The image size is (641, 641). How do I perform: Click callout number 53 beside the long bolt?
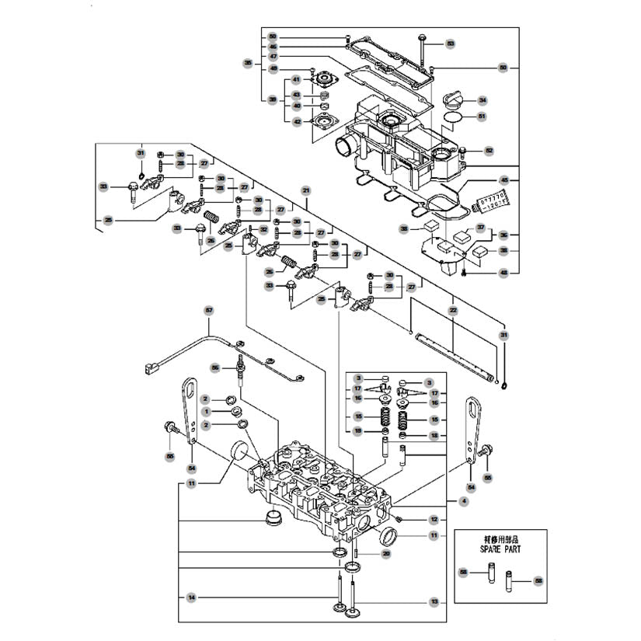pyautogui.click(x=450, y=44)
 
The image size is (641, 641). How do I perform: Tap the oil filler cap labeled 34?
pyautogui.click(x=453, y=101)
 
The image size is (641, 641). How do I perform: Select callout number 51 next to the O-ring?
pyautogui.click(x=482, y=117)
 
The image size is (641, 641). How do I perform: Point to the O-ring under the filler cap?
pyautogui.click(x=454, y=117)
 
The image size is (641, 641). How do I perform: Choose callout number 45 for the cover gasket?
pyautogui.click(x=503, y=180)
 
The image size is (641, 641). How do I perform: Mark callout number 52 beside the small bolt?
pyautogui.click(x=489, y=150)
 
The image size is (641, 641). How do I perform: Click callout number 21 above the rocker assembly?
pyautogui.click(x=306, y=190)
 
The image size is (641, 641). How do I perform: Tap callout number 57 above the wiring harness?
pyautogui.click(x=208, y=310)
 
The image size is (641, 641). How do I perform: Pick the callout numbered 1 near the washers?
pyautogui.click(x=207, y=411)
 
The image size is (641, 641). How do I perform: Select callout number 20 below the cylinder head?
pyautogui.click(x=385, y=553)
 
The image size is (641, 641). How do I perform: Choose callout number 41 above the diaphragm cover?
pyautogui.click(x=296, y=81)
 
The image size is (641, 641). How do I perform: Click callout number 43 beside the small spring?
pyautogui.click(x=296, y=95)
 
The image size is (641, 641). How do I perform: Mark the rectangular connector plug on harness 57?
pyautogui.click(x=152, y=368)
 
